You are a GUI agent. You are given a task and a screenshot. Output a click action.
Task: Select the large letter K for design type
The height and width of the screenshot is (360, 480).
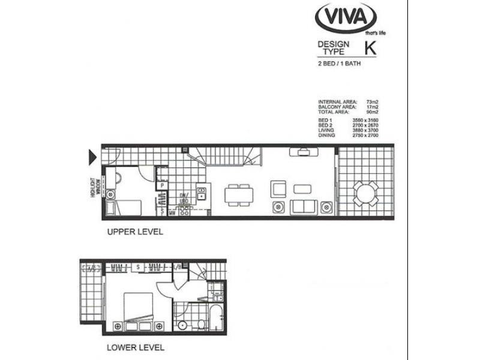371,49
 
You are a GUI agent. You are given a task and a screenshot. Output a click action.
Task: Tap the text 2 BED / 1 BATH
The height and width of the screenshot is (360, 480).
340,63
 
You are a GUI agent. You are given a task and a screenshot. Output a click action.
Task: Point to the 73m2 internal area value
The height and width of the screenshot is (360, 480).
373,103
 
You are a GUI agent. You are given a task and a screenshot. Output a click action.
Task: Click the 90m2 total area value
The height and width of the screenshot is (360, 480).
373,112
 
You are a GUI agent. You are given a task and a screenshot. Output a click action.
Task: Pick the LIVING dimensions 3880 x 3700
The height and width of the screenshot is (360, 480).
365,129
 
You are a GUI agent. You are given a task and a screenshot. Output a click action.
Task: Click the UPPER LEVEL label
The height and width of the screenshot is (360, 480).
135,231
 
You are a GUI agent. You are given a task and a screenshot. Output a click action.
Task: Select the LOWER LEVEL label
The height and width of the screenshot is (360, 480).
136,347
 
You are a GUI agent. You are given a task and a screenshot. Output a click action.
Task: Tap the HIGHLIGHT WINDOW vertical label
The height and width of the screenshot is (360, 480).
94,187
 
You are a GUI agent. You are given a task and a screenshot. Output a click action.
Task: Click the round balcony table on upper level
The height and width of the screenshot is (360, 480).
365,193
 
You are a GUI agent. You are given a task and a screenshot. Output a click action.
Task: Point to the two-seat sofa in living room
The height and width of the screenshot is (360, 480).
303,208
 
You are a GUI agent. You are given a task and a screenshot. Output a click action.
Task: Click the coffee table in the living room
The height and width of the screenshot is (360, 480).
302,188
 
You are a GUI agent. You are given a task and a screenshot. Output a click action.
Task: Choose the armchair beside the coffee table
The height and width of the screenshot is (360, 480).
278,188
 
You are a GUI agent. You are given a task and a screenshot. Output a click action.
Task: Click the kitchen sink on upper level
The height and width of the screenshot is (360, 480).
202,193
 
